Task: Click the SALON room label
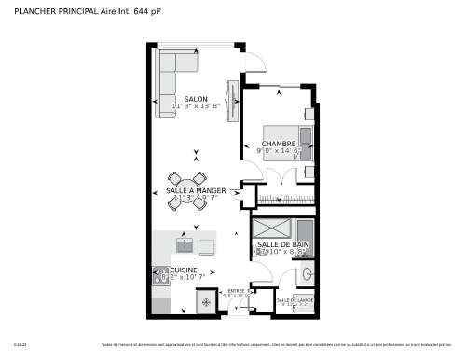(196, 99)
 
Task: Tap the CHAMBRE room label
(279, 144)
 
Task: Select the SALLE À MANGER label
(196, 190)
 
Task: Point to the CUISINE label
(183, 270)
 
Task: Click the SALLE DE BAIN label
(283, 244)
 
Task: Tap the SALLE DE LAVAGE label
(295, 300)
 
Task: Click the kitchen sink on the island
(185, 245)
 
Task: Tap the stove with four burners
(159, 276)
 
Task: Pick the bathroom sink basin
(306, 275)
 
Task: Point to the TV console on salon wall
(232, 97)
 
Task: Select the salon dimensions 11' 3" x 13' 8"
(196, 106)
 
